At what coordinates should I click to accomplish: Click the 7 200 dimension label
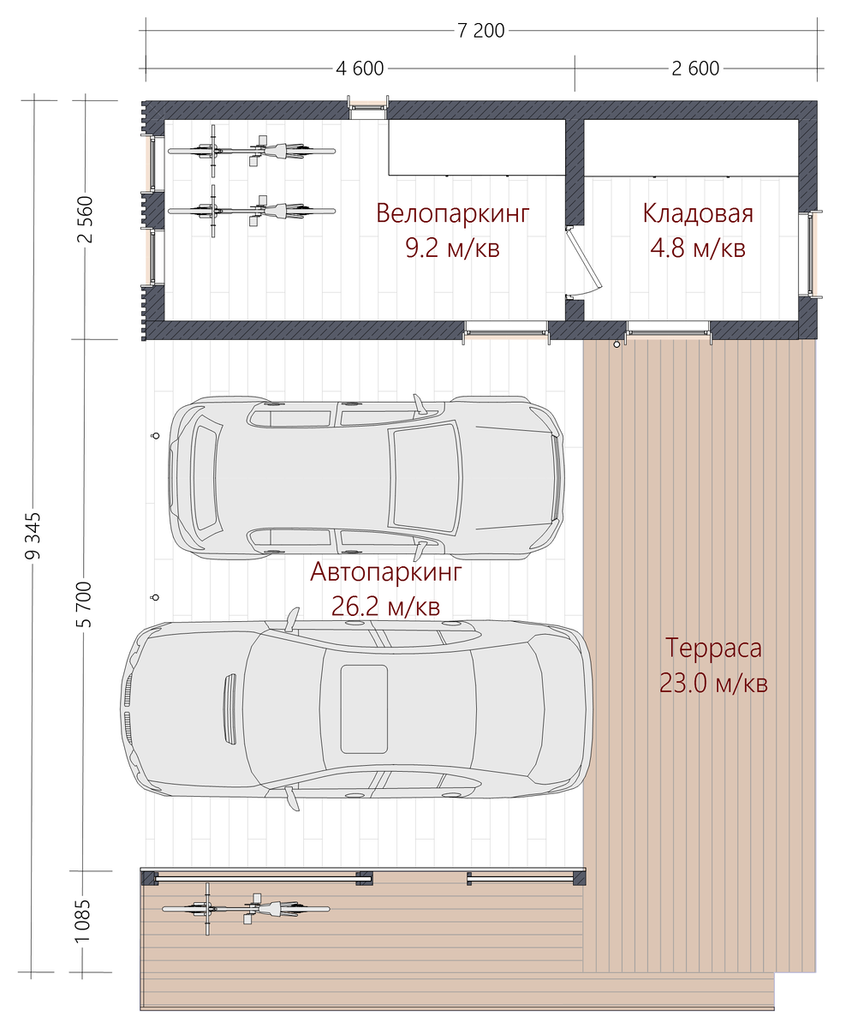[480, 31]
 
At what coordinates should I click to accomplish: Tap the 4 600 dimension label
[360, 69]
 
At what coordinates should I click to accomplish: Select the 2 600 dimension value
[695, 69]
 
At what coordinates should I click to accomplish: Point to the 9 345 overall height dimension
[33, 535]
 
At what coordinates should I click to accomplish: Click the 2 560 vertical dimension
[85, 218]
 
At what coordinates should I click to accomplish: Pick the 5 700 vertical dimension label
[84, 605]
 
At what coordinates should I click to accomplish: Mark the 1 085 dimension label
[83, 921]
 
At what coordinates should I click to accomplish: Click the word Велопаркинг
[452, 213]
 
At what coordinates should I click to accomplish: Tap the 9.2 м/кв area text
[452, 248]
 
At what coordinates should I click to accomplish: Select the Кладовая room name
[698, 213]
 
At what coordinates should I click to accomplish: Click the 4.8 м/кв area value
[698, 248]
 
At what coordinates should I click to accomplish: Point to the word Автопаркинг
[386, 571]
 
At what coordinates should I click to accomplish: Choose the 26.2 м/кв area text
[386, 607]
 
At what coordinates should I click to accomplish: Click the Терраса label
[713, 648]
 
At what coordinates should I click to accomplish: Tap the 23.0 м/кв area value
[713, 683]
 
